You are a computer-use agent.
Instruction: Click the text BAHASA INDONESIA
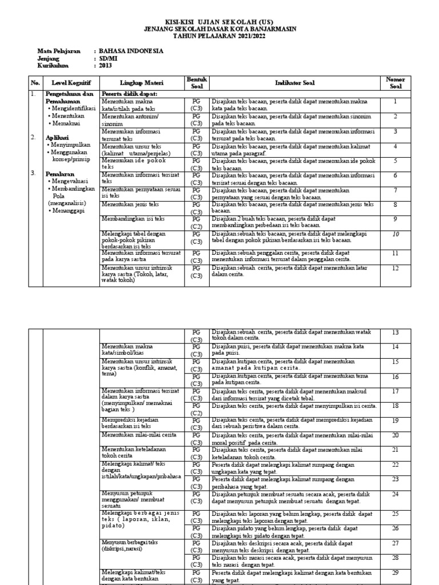[131, 51]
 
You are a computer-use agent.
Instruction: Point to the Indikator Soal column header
[294, 83]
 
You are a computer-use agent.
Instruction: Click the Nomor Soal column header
[395, 83]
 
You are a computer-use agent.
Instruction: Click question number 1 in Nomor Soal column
[395, 102]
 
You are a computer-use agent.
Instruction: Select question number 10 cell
[395, 234]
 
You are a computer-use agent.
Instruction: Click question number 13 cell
[395, 332]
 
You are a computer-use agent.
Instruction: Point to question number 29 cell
[395, 572]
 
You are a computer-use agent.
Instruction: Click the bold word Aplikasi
[57, 138]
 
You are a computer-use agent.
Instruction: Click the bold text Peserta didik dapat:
[129, 94]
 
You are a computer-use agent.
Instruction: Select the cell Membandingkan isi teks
[132, 219]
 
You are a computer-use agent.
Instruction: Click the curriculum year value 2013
[105, 66]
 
